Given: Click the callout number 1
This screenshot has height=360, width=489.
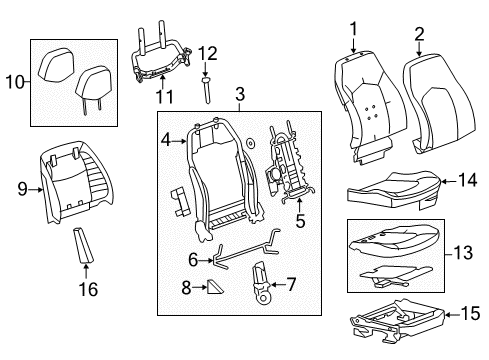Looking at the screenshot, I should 352,31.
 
